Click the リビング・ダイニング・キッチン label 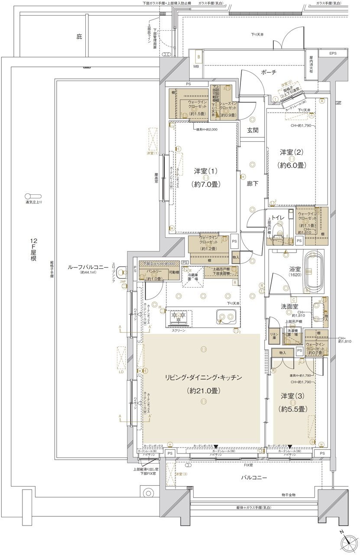202,377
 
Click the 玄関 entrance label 253,130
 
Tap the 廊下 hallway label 253,183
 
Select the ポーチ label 269,72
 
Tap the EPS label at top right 332,53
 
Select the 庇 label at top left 79,37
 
